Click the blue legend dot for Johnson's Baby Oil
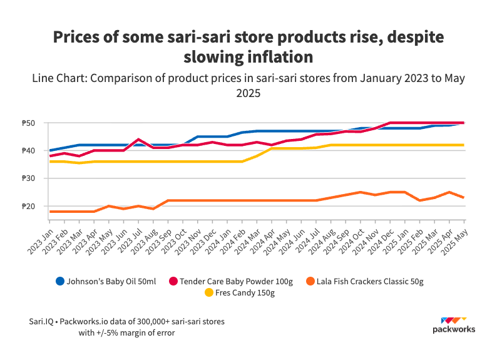60,281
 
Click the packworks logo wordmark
454,329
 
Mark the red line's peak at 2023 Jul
138,139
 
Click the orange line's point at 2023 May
109,206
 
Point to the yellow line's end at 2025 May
464,145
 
